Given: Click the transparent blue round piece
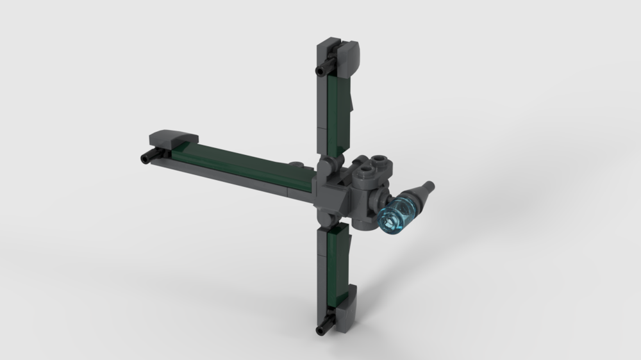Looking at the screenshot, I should [395, 217].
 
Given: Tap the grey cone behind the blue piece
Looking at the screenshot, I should [420, 195].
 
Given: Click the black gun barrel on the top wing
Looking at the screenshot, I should [323, 66].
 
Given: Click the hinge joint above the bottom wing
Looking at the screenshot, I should [328, 224].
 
